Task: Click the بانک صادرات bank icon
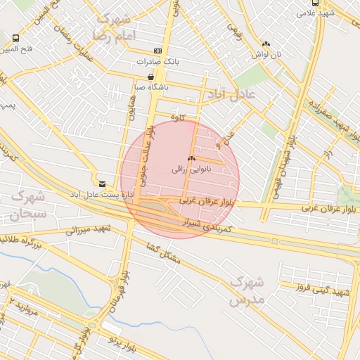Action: pyautogui.click(x=157, y=51)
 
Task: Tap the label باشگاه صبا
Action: pyautogui.click(x=150, y=88)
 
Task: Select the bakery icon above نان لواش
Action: pyautogui.click(x=266, y=43)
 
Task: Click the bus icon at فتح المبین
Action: pyautogui.click(x=15, y=38)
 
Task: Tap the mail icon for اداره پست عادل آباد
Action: pyautogui.click(x=103, y=184)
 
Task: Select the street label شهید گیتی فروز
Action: pyautogui.click(x=323, y=290)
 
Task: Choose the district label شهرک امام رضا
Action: pyautogui.click(x=111, y=26)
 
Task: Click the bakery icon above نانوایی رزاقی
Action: pyautogui.click(x=191, y=159)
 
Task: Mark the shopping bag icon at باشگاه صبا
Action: pyautogui.click(x=150, y=77)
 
